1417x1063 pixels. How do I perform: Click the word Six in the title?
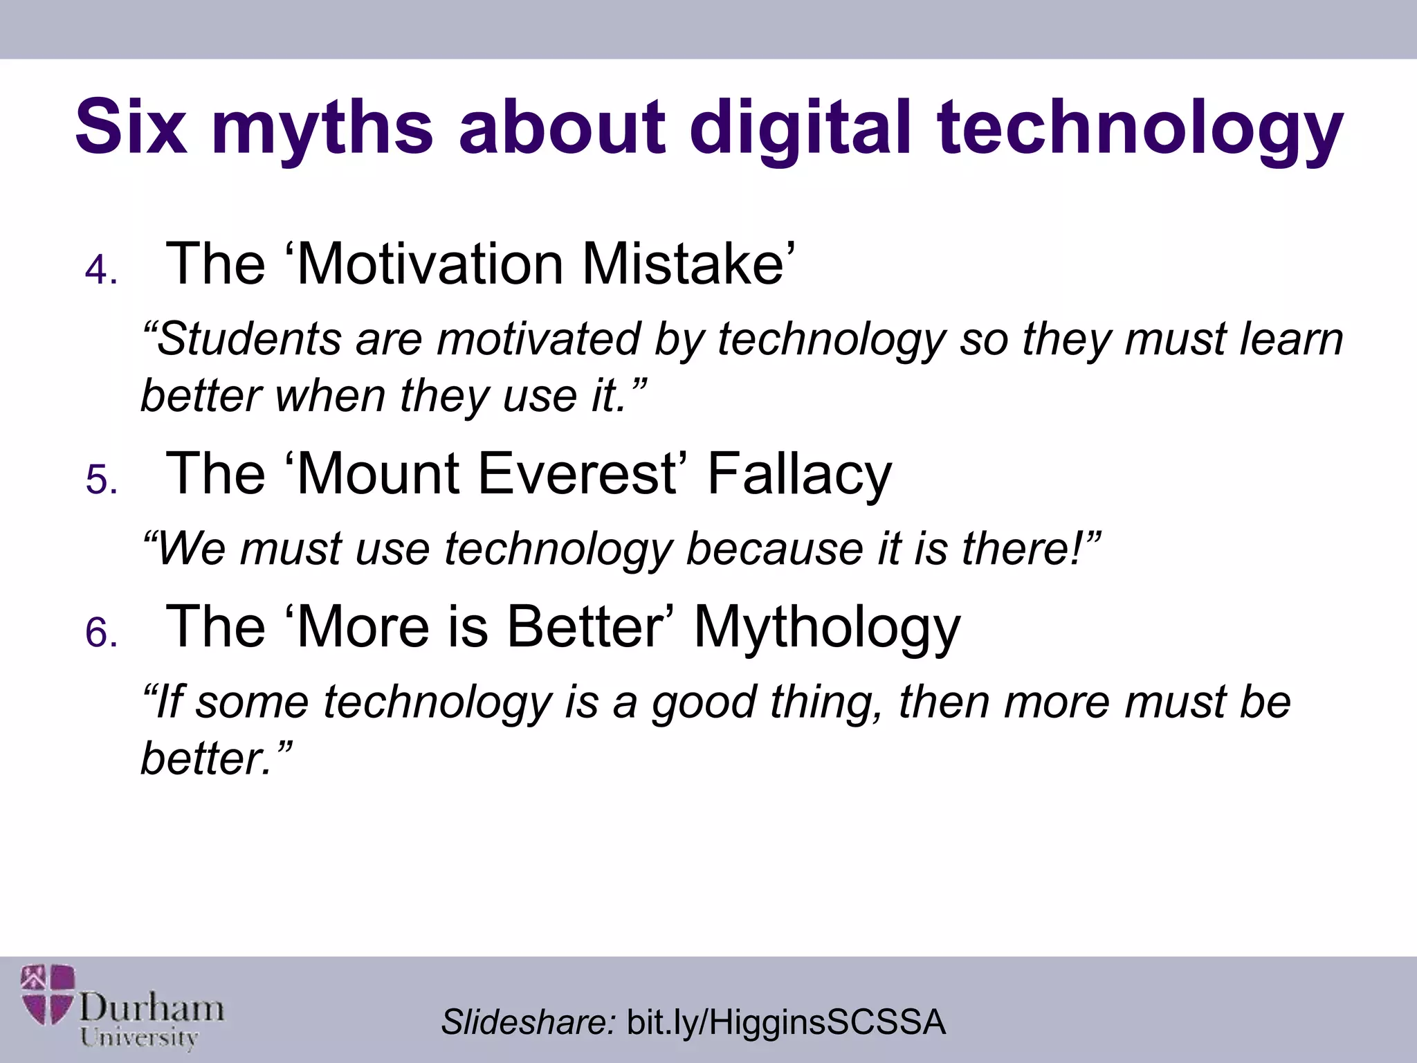(x=131, y=127)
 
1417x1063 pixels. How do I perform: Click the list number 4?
(x=101, y=270)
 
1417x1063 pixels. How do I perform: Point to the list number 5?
(x=101, y=480)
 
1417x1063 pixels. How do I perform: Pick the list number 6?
(x=101, y=633)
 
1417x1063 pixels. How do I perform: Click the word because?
(x=774, y=549)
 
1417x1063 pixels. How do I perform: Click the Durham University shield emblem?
(x=47, y=994)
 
